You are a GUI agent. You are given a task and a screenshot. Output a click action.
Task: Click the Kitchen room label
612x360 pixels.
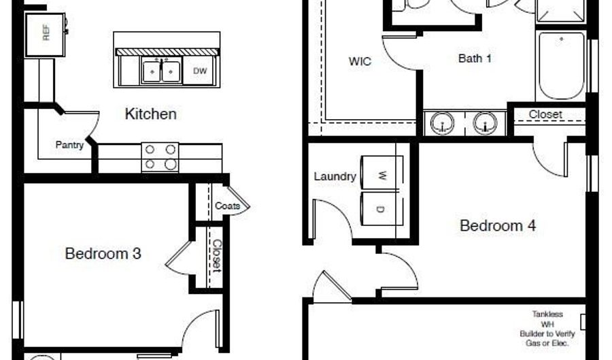(x=151, y=114)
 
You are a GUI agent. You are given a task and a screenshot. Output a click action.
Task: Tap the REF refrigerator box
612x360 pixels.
(x=45, y=35)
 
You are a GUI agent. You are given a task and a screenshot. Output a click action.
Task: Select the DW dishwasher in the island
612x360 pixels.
(x=199, y=71)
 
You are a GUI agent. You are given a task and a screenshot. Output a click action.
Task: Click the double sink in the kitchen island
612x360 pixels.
(x=161, y=71)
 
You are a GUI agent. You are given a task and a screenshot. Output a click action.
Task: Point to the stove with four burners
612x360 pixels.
(x=160, y=157)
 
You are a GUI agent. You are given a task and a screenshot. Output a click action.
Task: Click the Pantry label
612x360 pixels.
(x=69, y=145)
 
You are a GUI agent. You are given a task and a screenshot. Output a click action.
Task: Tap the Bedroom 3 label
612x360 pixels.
(x=103, y=254)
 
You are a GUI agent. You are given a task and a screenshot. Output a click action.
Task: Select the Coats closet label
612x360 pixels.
(x=227, y=206)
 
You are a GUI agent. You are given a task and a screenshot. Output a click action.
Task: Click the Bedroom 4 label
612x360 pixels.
(x=498, y=226)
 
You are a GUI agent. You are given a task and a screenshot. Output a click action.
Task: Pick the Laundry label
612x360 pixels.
(x=335, y=176)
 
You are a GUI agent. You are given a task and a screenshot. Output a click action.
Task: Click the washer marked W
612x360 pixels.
(x=382, y=174)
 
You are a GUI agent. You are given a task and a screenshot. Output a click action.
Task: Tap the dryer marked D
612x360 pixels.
(x=382, y=208)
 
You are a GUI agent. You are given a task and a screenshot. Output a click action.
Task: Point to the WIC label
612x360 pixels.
(x=360, y=61)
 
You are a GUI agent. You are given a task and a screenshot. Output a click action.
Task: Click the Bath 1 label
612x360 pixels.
(x=475, y=59)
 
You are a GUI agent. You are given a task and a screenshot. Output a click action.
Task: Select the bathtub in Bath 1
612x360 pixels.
(x=561, y=65)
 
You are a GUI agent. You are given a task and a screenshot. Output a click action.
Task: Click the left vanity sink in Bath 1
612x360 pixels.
(x=442, y=123)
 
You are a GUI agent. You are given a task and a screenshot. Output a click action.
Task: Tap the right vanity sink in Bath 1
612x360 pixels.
(x=485, y=123)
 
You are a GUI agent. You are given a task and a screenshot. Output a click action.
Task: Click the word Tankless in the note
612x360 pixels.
(x=547, y=314)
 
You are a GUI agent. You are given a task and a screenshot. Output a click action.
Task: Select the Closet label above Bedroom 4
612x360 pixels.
(x=545, y=114)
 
